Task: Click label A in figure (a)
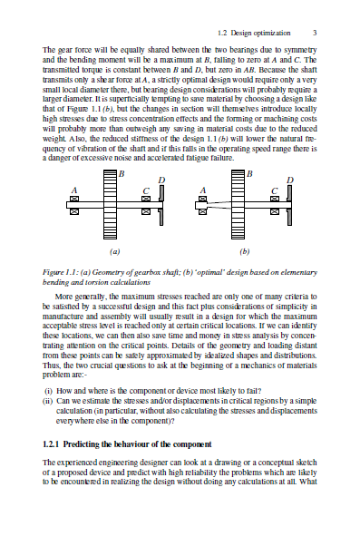pyautogui.click(x=74, y=190)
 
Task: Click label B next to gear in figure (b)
pyautogui.click(x=249, y=173)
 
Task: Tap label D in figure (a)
pyautogui.click(x=161, y=180)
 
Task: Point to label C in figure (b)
pyautogui.click(x=275, y=190)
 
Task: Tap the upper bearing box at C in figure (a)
pyautogui.click(x=146, y=199)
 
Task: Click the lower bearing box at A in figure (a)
pyautogui.click(x=74, y=211)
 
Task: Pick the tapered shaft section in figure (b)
pyautogui.click(x=219, y=204)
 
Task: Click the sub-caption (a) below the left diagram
pyautogui.click(x=115, y=251)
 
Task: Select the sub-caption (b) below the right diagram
pyautogui.click(x=245, y=251)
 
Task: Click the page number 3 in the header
pyautogui.click(x=315, y=33)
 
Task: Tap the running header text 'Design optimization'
pyautogui.click(x=261, y=33)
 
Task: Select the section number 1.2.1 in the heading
pyautogui.click(x=52, y=444)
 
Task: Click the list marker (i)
pyautogui.click(x=48, y=391)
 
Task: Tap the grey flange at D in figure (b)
pyautogui.click(x=289, y=205)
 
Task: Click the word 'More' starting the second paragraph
pyautogui.click(x=63, y=297)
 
